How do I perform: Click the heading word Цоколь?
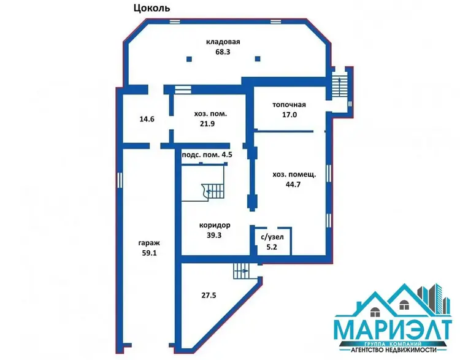pos(151,8)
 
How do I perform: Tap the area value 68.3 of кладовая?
pos(223,52)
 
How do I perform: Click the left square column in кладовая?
pos(190,59)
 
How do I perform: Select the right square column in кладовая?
pos(258,59)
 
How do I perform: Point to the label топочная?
pos(289,105)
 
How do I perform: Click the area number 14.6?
pos(147,120)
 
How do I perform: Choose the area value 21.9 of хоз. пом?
pos(207,124)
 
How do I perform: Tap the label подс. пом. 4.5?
pos(207,155)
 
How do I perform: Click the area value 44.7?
pos(293,185)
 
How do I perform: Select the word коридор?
pos(215,225)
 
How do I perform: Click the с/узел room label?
pos(272,237)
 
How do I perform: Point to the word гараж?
pos(149,243)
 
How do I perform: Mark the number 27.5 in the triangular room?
pos(209,295)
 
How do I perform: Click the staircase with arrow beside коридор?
pos(213,191)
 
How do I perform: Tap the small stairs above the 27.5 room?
pos(241,271)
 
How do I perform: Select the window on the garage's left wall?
pos(120,180)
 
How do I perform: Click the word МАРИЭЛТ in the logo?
pos(393,331)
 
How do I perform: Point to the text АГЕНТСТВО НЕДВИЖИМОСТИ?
pos(393,350)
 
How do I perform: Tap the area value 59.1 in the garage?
pos(149,253)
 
